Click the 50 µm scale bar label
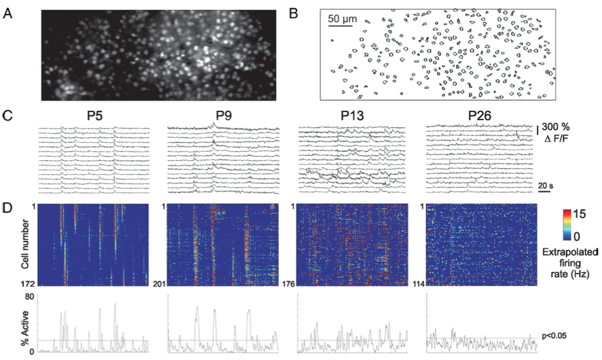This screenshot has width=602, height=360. (x=342, y=19)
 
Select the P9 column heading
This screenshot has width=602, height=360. (x=223, y=117)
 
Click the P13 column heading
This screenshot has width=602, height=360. (x=353, y=117)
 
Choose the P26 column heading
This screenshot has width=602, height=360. (x=482, y=117)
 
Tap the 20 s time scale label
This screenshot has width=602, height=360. (x=546, y=186)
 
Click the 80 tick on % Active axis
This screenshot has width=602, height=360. (x=29, y=295)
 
